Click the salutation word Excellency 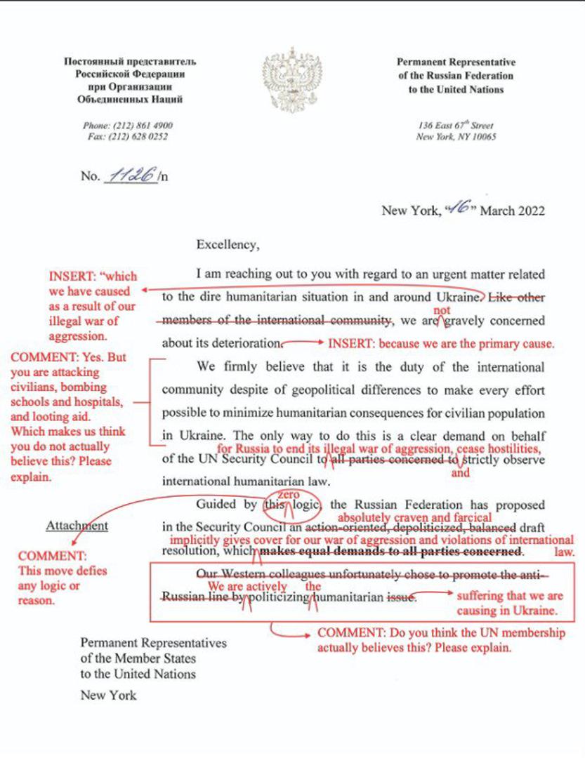coord(228,245)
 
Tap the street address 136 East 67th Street coord(456,126)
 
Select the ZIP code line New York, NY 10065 coord(456,137)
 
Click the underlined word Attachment coord(77,525)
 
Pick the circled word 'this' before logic coord(272,505)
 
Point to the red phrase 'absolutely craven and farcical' coord(414,517)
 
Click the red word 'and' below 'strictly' coord(460,473)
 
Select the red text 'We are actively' coord(247,586)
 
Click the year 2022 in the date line coord(529,210)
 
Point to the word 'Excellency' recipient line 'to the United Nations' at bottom coord(138,674)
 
